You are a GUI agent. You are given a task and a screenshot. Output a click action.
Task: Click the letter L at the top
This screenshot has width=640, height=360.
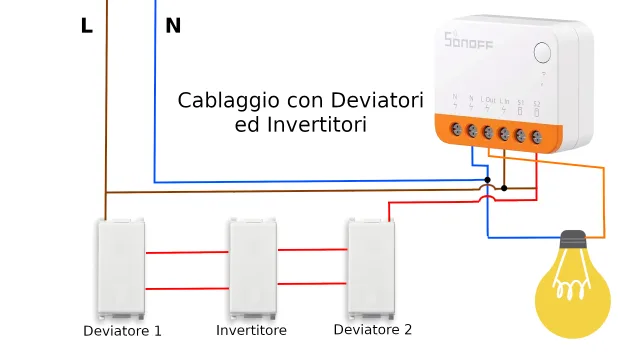(x=87, y=26)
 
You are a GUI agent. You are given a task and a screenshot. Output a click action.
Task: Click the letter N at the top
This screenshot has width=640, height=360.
(x=173, y=26)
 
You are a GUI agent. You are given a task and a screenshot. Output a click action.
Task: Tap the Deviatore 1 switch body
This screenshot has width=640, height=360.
(x=121, y=269)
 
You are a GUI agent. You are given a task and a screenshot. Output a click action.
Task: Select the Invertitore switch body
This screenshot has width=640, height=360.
(x=253, y=269)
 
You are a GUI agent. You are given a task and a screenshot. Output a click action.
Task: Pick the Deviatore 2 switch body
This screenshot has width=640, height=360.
(x=370, y=267)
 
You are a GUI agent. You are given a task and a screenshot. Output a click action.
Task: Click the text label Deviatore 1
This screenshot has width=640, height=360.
(x=122, y=331)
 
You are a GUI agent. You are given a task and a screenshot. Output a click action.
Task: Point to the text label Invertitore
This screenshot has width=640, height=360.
(x=252, y=330)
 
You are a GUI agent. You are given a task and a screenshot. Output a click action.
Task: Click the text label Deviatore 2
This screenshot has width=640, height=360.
(x=372, y=329)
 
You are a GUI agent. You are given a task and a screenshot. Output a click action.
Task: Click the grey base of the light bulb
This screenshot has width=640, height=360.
(x=573, y=242)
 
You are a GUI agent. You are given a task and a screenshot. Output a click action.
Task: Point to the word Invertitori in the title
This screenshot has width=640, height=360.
(x=317, y=126)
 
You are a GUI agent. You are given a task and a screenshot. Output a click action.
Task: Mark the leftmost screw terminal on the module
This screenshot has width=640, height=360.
(x=456, y=130)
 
